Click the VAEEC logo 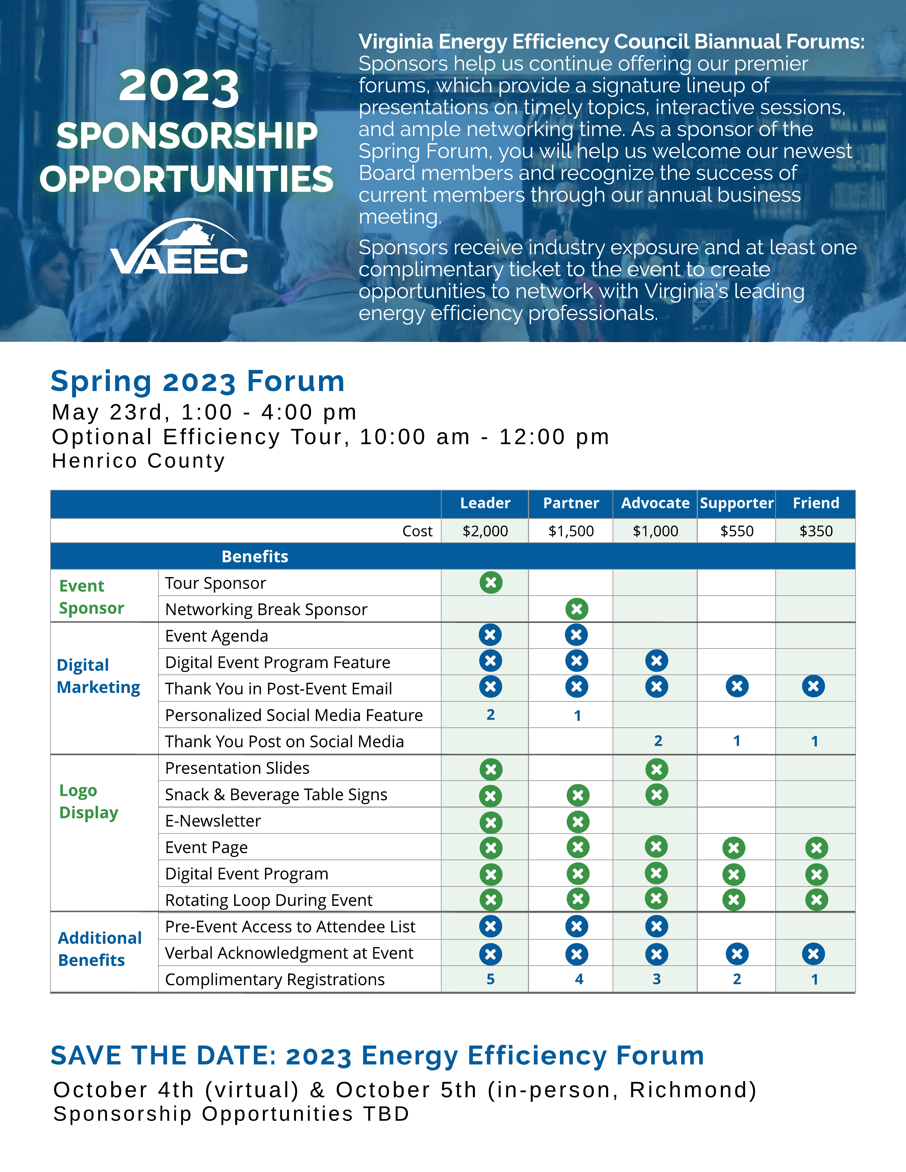(179, 248)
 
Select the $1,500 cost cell (571, 531)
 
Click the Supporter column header (737, 503)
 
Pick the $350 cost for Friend (816, 531)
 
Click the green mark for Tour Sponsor (491, 582)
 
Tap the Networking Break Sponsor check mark (577, 609)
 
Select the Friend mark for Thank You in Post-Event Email (813, 687)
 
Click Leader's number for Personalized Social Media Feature (491, 715)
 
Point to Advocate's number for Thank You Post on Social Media (658, 741)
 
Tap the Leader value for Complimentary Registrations (491, 980)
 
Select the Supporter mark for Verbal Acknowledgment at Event (737, 954)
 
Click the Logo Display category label (88, 801)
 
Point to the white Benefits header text (255, 557)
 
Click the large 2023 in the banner (179, 86)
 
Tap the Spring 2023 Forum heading (198, 381)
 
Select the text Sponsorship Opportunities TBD (231, 1114)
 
